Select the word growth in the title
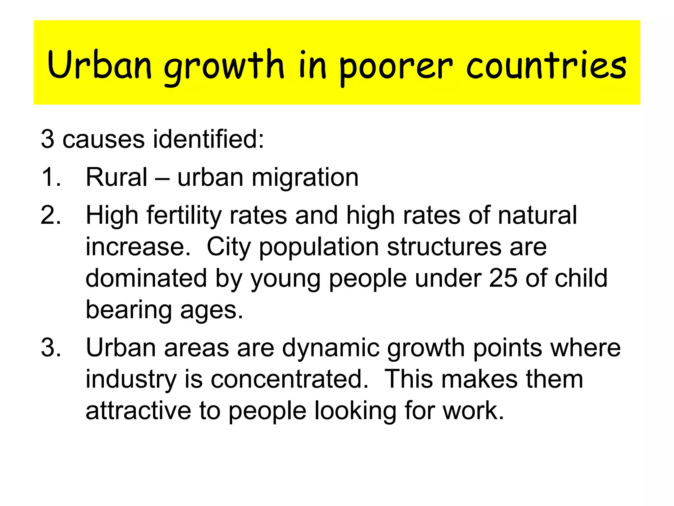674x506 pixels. [x=224, y=68]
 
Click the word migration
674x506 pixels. [x=305, y=178]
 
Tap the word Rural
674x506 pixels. [x=116, y=177]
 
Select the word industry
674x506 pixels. [x=131, y=380]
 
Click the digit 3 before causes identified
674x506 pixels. [x=47, y=139]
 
